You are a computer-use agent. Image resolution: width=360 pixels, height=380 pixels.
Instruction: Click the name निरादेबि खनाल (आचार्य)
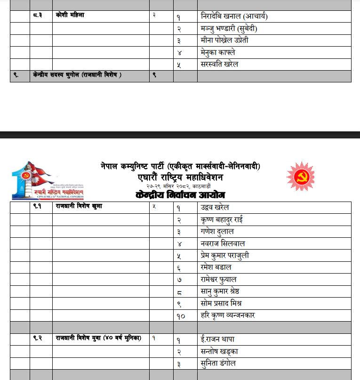click(234, 17)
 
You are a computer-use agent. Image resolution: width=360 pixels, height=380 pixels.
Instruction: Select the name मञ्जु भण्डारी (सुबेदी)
click(229, 29)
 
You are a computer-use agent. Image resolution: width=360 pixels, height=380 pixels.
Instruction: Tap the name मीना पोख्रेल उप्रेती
click(224, 40)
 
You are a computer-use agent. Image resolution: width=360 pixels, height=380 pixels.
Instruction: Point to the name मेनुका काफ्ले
click(218, 52)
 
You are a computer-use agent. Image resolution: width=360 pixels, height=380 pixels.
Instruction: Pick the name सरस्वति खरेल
click(219, 64)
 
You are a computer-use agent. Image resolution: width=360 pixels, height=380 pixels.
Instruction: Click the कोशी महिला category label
click(70, 16)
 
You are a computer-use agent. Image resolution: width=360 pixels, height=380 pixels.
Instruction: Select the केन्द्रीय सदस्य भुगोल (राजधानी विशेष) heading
click(77, 75)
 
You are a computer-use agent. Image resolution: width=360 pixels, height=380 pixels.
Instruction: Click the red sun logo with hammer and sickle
click(301, 177)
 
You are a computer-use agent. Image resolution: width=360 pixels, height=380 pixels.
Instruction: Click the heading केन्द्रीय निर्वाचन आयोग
click(180, 195)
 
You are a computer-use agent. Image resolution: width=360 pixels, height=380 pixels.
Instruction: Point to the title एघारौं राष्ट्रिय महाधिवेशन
click(180, 178)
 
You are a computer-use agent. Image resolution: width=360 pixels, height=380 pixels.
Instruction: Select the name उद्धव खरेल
click(215, 208)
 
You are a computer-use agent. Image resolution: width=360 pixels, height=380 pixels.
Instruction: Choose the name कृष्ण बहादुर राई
click(222, 220)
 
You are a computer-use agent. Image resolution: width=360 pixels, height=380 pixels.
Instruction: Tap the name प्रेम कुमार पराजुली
click(225, 256)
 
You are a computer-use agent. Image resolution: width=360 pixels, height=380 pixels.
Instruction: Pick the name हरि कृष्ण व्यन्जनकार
click(228, 315)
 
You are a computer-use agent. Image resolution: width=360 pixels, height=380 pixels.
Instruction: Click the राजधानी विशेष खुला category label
click(79, 206)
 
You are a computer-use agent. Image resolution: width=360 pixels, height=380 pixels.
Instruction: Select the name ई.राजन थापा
click(217, 340)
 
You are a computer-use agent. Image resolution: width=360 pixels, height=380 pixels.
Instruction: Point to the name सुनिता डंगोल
click(218, 364)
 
